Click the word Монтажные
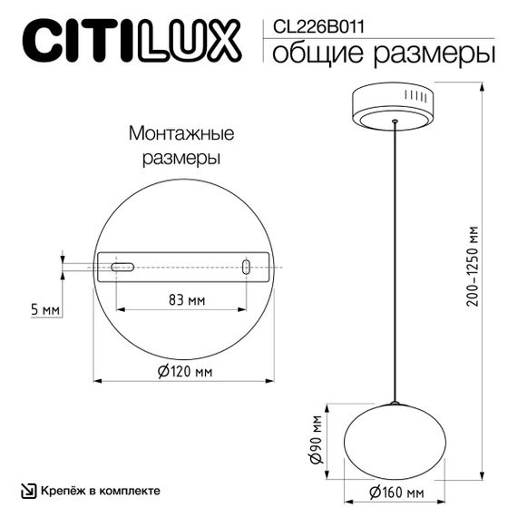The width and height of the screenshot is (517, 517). [181, 134]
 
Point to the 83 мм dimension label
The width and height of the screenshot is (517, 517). [186, 299]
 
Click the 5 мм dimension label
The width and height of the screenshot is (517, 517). [44, 310]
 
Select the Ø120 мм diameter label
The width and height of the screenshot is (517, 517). [184, 372]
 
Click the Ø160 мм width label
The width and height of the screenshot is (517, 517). [397, 493]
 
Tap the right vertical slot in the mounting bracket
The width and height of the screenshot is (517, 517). [246, 267]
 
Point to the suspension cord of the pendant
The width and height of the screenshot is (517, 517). [395, 263]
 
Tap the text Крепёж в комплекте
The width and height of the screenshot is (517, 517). [100, 491]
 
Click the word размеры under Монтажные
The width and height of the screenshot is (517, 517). [182, 158]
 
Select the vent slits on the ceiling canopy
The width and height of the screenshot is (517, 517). [418, 95]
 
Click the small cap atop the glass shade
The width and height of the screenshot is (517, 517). [395, 403]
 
